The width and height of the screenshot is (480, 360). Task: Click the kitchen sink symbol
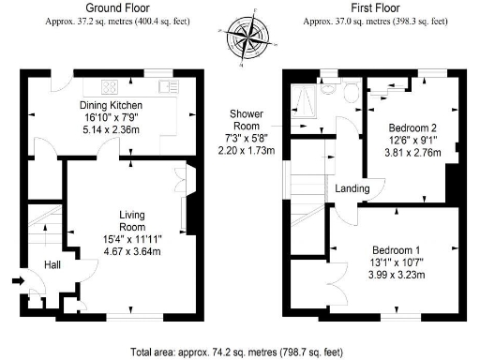pos(169,87)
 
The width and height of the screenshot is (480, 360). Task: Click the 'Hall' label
pos(52,265)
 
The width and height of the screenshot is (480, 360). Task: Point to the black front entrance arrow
pos(20,279)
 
